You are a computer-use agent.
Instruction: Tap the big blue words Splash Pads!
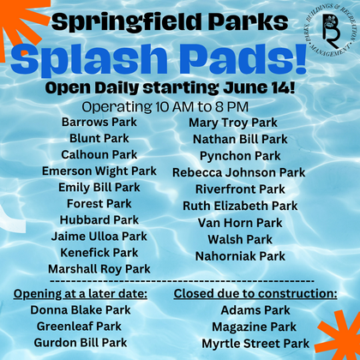(x=159, y=60)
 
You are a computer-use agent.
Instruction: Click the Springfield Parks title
(x=170, y=21)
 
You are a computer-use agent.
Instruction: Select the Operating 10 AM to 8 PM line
(x=165, y=107)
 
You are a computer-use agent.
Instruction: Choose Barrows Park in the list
(x=99, y=123)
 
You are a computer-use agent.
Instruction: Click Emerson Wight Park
(x=99, y=171)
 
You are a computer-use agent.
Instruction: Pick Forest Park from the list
(x=99, y=204)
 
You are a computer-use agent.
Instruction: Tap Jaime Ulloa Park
(x=99, y=237)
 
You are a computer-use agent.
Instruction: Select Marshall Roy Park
(x=99, y=269)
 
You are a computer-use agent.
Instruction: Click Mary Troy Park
(x=233, y=123)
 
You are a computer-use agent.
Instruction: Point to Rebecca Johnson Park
(x=239, y=172)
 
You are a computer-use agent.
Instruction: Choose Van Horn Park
(x=240, y=223)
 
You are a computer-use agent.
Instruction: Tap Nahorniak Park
(x=240, y=256)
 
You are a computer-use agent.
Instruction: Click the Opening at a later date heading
(x=81, y=294)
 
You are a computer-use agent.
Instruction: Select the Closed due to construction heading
(x=255, y=294)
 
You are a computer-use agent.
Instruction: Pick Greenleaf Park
(x=79, y=327)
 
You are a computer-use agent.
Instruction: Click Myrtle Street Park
(x=255, y=344)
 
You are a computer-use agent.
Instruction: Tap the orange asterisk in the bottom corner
(x=339, y=332)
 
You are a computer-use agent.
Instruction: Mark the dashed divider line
(x=182, y=281)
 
